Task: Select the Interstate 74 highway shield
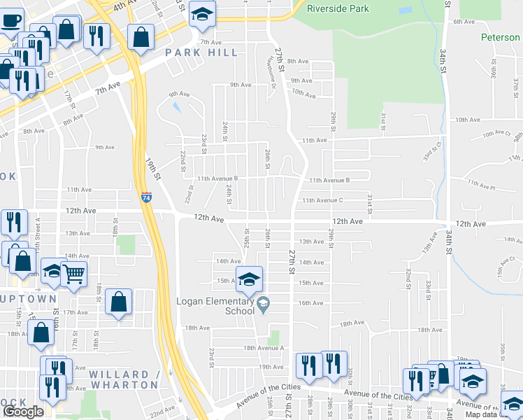[x=146, y=198]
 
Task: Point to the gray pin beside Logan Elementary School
[x=263, y=303]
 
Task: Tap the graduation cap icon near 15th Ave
[x=248, y=279]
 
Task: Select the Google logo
[x=23, y=412]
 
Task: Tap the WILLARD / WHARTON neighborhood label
[x=124, y=379]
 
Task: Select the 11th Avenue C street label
[x=322, y=201]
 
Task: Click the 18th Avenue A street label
[x=264, y=348]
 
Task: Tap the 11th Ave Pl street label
[x=482, y=185]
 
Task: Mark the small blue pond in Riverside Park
[x=406, y=11]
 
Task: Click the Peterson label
[x=500, y=37]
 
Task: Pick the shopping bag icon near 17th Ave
[x=119, y=302]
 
